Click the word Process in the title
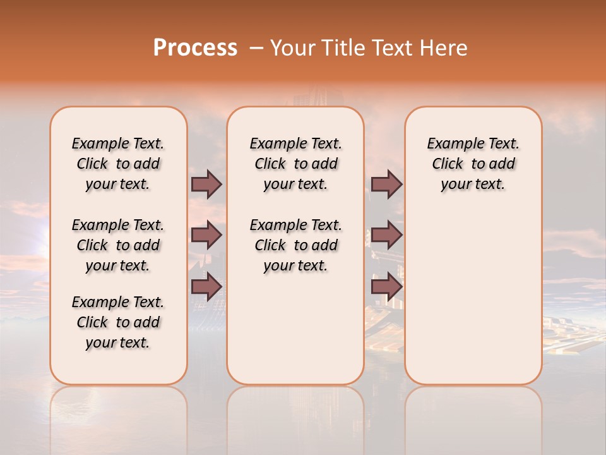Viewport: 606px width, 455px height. tap(195, 48)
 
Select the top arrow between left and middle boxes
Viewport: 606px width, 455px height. tap(206, 185)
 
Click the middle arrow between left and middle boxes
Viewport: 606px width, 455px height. tap(206, 235)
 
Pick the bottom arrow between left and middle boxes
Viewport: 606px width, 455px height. tap(206, 287)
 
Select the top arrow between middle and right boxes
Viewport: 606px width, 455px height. tap(386, 185)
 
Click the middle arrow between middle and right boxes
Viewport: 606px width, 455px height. tap(386, 235)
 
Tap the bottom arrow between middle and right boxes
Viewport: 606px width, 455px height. tap(386, 287)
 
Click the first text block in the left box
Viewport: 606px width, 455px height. tap(118, 164)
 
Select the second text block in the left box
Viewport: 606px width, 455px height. tap(118, 245)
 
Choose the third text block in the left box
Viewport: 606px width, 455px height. tap(118, 322)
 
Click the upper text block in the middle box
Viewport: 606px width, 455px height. tap(295, 164)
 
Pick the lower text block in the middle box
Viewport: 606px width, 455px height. tap(295, 245)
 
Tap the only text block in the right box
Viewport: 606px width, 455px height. tap(473, 164)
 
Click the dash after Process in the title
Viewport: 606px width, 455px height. tap(256, 48)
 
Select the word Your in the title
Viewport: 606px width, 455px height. tap(290, 48)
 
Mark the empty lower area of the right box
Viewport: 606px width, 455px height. tap(473, 297)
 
